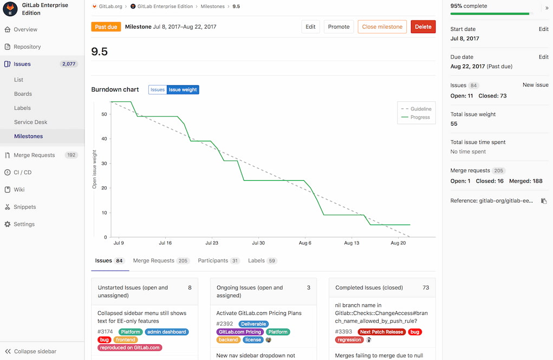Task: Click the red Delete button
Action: coord(423,27)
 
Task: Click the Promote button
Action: coord(339,27)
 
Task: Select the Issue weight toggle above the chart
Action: coord(183,90)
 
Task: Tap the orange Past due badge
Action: coord(106,27)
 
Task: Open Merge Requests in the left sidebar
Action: coord(34,155)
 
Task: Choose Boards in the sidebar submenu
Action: coord(23,94)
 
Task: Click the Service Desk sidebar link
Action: coord(30,122)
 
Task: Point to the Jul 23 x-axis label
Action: coord(212,244)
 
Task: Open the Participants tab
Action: coord(213,261)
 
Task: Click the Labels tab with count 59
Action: coord(256,261)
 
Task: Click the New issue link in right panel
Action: coord(535,85)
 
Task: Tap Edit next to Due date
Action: coord(543,57)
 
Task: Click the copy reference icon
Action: coord(544,201)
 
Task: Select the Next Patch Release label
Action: coord(381,332)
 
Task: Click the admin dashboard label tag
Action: coord(167,332)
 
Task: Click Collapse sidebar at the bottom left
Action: coord(35,351)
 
